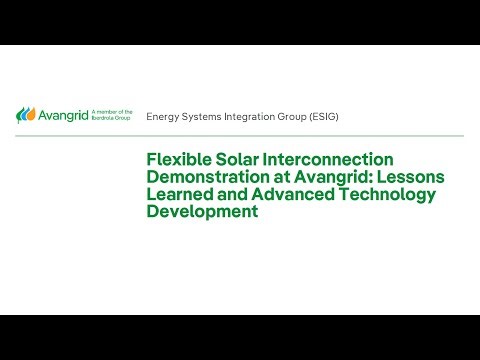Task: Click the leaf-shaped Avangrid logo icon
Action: [x=24, y=115]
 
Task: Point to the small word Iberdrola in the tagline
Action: [x=104, y=119]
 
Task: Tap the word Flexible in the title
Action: [x=181, y=159]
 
